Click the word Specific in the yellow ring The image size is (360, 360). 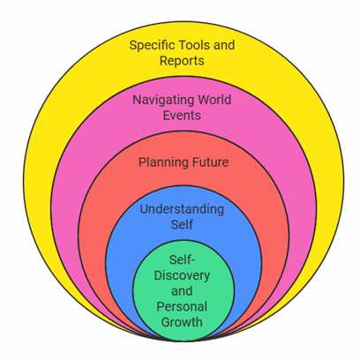click(x=152, y=46)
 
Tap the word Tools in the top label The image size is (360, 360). click(x=194, y=45)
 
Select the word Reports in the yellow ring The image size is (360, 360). click(x=182, y=61)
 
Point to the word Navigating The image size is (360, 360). click(x=163, y=101)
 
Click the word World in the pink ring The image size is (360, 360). click(x=214, y=100)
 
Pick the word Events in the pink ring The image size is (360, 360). click(x=182, y=116)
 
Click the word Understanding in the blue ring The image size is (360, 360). click(x=182, y=210)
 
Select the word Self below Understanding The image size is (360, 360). click(x=182, y=224)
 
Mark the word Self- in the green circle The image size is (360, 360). click(x=183, y=260)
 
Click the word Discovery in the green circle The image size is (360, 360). click(x=182, y=276)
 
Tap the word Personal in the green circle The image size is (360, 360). click(x=182, y=307)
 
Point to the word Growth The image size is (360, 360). click(x=182, y=322)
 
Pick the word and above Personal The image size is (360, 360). click(x=182, y=291)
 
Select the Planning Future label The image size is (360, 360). click(x=184, y=163)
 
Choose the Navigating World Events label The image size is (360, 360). click(x=183, y=108)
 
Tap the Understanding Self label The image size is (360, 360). click(x=182, y=217)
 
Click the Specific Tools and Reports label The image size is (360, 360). click(x=182, y=54)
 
